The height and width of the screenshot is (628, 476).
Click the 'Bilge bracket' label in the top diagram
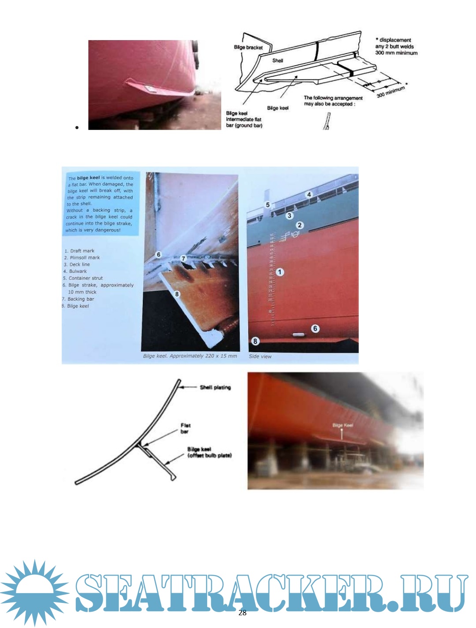click(x=248, y=47)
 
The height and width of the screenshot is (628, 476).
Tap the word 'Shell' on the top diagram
click(x=278, y=60)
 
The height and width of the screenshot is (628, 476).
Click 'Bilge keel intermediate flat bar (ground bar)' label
click(x=244, y=119)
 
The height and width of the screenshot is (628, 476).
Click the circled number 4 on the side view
click(x=309, y=194)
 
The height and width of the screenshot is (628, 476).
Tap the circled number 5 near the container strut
click(x=268, y=205)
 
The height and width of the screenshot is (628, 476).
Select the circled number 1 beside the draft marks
click(x=280, y=272)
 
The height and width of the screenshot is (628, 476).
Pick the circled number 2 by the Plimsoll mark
click(x=300, y=225)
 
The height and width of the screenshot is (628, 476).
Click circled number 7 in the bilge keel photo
click(x=184, y=259)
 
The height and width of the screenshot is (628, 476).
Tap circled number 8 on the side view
click(x=255, y=341)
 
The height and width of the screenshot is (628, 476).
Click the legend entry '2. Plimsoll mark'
click(x=82, y=258)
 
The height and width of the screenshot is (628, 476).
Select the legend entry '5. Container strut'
click(x=83, y=278)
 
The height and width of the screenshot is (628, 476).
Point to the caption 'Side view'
click(x=260, y=356)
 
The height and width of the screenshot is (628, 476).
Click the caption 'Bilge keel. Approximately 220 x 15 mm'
click(x=190, y=356)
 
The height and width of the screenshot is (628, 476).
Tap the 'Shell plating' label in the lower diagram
click(x=215, y=387)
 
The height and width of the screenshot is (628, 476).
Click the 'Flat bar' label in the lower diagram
click(x=186, y=428)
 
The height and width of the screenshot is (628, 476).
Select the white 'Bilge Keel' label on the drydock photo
click(x=342, y=425)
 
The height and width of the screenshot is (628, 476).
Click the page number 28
click(x=242, y=613)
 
